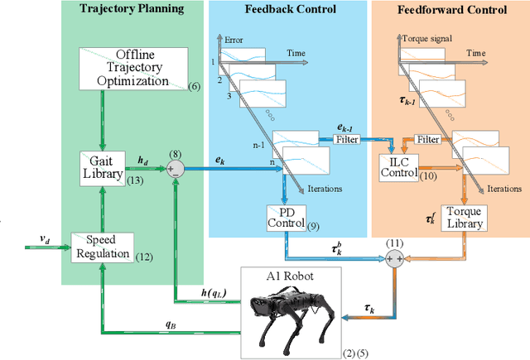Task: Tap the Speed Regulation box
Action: tap(102, 247)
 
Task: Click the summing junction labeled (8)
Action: tap(176, 169)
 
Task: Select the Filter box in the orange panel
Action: tap(426, 140)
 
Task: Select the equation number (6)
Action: tap(194, 86)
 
